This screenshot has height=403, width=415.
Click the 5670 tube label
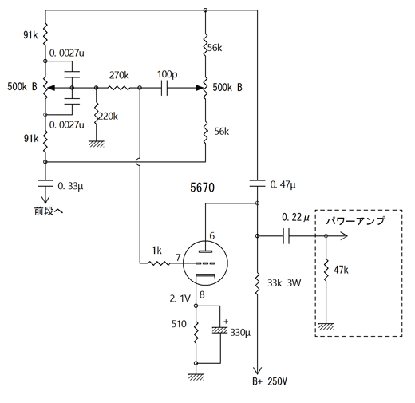202,188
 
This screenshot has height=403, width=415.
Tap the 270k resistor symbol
119,88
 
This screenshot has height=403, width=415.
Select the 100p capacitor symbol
164,88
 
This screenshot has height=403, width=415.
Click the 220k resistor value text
108,117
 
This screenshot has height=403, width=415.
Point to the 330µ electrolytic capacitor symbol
220,330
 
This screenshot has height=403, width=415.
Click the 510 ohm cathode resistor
196,332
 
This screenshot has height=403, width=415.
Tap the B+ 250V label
270,381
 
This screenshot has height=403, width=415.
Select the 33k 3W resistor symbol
257,284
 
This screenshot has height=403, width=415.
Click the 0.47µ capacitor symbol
257,184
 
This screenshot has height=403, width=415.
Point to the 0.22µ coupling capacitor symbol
286,235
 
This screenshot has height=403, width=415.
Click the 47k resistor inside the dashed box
326,270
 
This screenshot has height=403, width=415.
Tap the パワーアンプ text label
355,220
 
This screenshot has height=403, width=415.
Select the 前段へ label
49,211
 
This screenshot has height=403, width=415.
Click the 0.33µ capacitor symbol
45,184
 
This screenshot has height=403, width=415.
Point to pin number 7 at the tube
178,257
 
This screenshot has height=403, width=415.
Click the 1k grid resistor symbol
159,263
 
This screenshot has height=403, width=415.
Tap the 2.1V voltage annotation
180,298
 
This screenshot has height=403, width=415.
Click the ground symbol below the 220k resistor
97,144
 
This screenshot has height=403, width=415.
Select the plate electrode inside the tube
206,251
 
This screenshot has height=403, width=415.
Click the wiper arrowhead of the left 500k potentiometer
51,88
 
